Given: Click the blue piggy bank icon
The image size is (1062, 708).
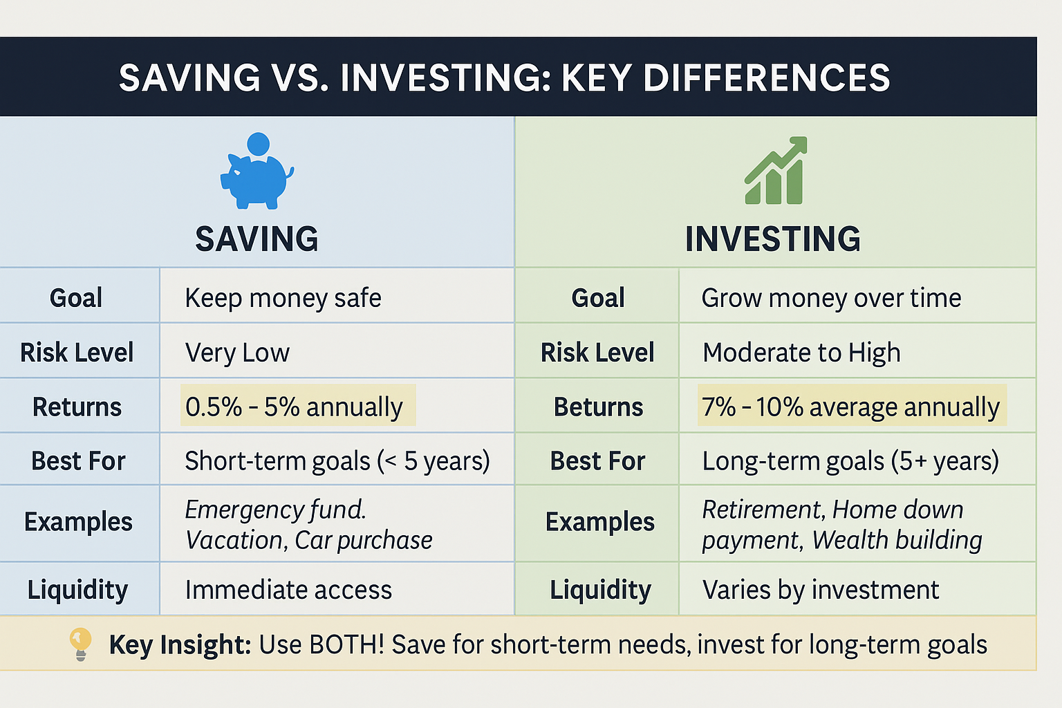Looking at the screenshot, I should coord(256,173).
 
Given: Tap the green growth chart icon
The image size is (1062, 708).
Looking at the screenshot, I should coord(776,171).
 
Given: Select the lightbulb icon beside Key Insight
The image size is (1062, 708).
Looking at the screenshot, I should coord(80,644).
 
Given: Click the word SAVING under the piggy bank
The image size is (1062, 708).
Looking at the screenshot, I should coord(257,239).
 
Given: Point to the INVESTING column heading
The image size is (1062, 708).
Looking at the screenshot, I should coord(772,239).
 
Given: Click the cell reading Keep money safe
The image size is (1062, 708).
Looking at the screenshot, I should coord(283,298).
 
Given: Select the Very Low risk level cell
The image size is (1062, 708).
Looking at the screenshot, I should coord(237,353).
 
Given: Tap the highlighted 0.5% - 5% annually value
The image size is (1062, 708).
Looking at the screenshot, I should coord(295,407).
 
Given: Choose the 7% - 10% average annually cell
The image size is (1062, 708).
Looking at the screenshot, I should coord(850,407).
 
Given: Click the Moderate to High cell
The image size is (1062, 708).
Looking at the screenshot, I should coord(801,353).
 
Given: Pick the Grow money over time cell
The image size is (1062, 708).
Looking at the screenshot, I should coord(831,298).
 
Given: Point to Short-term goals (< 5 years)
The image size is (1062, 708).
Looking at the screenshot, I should coord(337,460).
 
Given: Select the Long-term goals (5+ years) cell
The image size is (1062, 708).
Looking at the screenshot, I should coord(850,460).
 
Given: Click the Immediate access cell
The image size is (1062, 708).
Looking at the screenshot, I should coord(288,590).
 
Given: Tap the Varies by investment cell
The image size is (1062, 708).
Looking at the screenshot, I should coord(821,590).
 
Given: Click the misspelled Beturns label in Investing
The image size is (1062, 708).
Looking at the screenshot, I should coord(598,407).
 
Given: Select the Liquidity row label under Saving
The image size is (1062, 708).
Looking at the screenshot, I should coord(77,590).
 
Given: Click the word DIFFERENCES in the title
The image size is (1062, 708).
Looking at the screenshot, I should coord(766,77).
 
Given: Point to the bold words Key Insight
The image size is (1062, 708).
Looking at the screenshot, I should coord(180,644).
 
